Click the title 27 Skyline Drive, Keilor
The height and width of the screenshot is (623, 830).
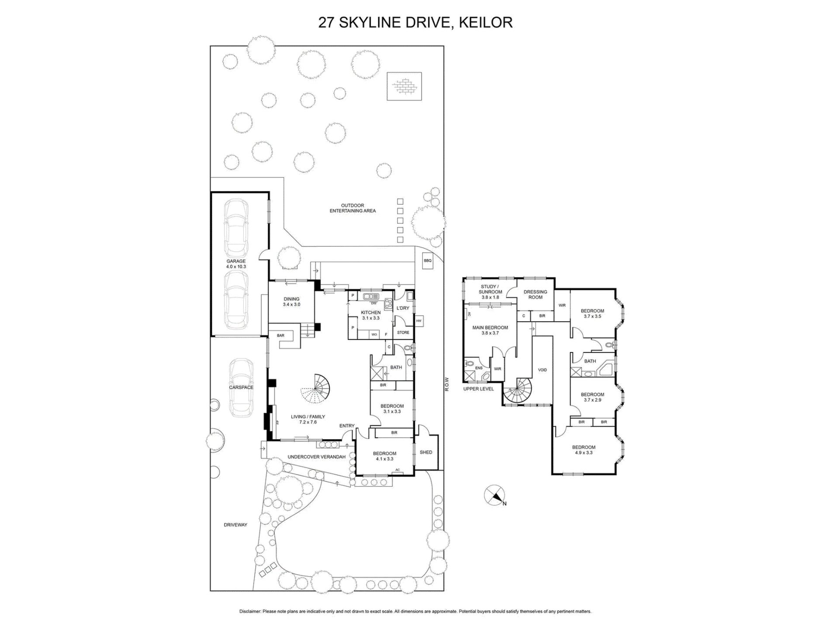[x=415, y=22]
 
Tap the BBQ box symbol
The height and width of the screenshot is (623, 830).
[x=427, y=261]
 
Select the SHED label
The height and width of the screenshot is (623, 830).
[x=426, y=452]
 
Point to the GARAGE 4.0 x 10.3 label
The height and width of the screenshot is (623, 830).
[x=236, y=264]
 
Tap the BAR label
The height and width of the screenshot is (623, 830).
[x=280, y=335]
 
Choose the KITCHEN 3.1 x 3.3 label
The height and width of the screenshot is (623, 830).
[x=370, y=315]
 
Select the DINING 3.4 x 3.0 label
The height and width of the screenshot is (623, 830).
[x=291, y=302]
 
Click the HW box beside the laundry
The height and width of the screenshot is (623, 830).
[x=419, y=321]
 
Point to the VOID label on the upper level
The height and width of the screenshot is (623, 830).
[x=542, y=370]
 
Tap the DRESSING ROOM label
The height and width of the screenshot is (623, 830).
[x=535, y=295]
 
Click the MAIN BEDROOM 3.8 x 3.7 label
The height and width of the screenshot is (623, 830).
[x=490, y=330]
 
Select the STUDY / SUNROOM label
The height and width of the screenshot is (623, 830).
[x=490, y=292]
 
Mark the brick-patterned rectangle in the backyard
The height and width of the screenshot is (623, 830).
[x=403, y=86]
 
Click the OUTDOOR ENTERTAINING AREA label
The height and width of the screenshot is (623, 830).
[x=352, y=208]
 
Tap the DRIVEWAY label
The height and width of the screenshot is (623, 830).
[x=235, y=525]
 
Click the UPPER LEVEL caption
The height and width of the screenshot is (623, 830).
[x=478, y=389]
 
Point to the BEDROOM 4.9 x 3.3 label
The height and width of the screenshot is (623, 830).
[x=584, y=450]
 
